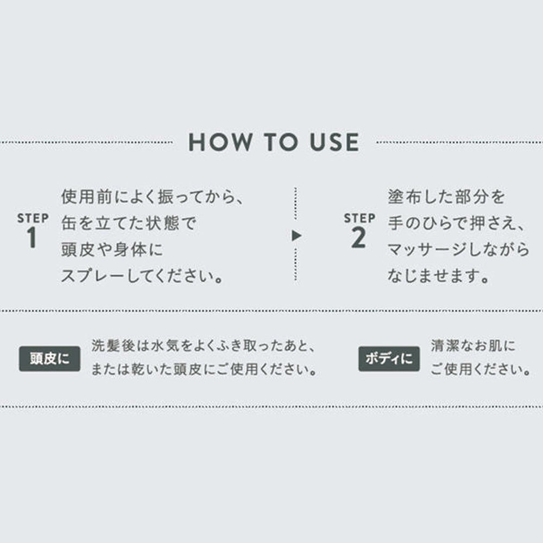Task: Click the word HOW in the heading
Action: coord(220,142)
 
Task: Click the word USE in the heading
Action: coord(334,142)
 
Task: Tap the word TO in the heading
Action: coord(281,142)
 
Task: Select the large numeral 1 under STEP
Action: coord(32,238)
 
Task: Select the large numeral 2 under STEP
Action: coord(358,238)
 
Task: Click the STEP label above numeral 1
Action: coord(33,218)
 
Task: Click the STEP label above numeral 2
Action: coord(359,218)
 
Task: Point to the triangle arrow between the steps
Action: coord(296,236)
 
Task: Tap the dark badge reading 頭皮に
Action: coord(49,359)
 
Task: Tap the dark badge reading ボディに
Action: coord(389,359)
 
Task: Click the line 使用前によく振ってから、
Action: coord(153,197)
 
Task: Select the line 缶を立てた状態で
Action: coord(129,223)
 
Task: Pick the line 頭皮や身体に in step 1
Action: coord(112,249)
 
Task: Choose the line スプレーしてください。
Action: coord(142,276)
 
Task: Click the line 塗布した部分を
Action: coord(446,197)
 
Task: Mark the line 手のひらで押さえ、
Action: coord(457,223)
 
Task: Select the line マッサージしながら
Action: coord(458,249)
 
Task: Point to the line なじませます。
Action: coord(438,276)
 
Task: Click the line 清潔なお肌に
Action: coord(473,346)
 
